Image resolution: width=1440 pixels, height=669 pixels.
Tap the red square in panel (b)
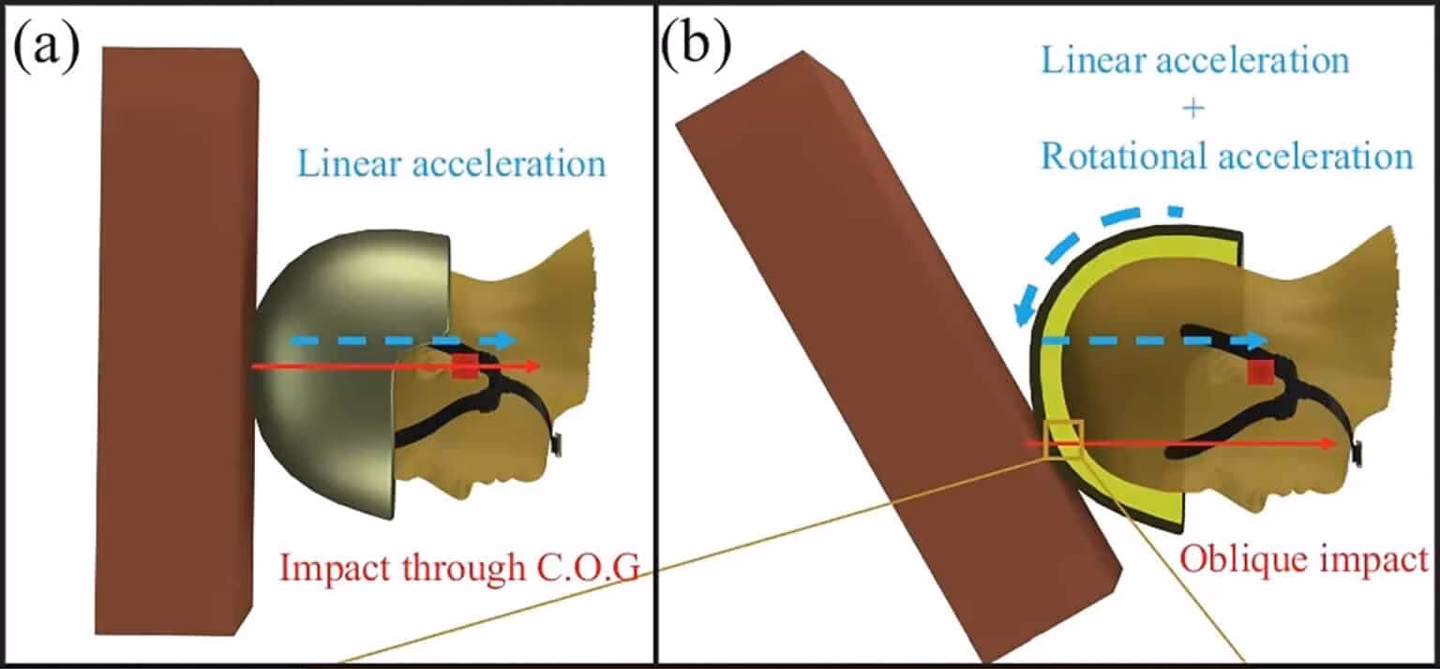[1259, 372]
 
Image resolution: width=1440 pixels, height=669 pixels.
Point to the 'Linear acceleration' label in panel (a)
[452, 164]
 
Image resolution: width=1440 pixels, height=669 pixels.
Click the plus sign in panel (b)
[1192, 109]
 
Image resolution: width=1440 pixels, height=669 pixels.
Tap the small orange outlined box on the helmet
[1063, 439]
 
